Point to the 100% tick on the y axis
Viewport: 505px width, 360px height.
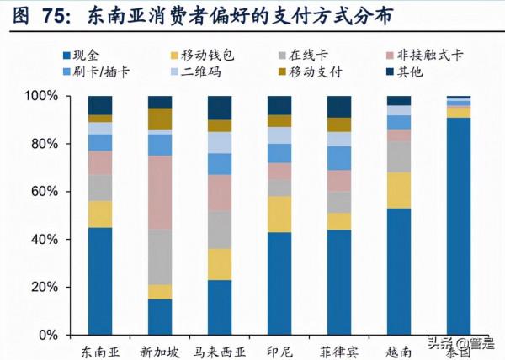pyautogui.click(x=41, y=97)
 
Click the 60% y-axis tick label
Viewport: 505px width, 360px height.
pyautogui.click(x=45, y=192)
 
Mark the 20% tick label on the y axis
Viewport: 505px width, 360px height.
pyautogui.click(x=45, y=287)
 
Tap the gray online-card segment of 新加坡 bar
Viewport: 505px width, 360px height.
pyautogui.click(x=160, y=257)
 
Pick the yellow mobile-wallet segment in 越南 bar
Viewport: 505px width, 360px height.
pyautogui.click(x=399, y=190)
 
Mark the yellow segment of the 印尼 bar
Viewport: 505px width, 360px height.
pyautogui.click(x=279, y=214)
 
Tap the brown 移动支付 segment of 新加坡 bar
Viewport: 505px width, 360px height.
pyautogui.click(x=160, y=119)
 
